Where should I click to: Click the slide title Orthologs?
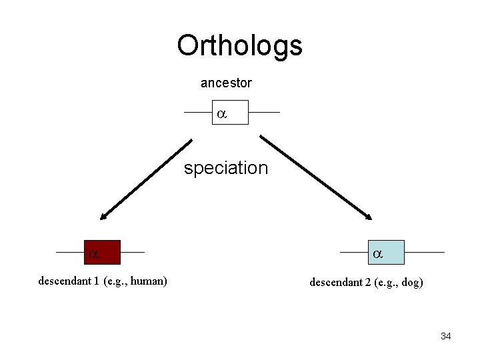239,46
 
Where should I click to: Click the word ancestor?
226,83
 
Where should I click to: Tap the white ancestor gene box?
231,113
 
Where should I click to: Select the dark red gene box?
102,253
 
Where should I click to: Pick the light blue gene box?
385,253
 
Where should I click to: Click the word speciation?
226,168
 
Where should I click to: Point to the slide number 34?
445,336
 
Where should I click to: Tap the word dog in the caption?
409,283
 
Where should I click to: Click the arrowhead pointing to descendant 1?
104,215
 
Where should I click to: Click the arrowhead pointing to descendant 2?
368,215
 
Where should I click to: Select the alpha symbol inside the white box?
221,114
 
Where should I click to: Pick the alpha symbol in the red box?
94,254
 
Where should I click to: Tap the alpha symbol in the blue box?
377,254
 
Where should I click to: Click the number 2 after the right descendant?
368,283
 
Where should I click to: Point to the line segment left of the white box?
199,113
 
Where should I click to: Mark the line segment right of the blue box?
424,253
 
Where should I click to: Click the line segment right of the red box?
132,253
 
